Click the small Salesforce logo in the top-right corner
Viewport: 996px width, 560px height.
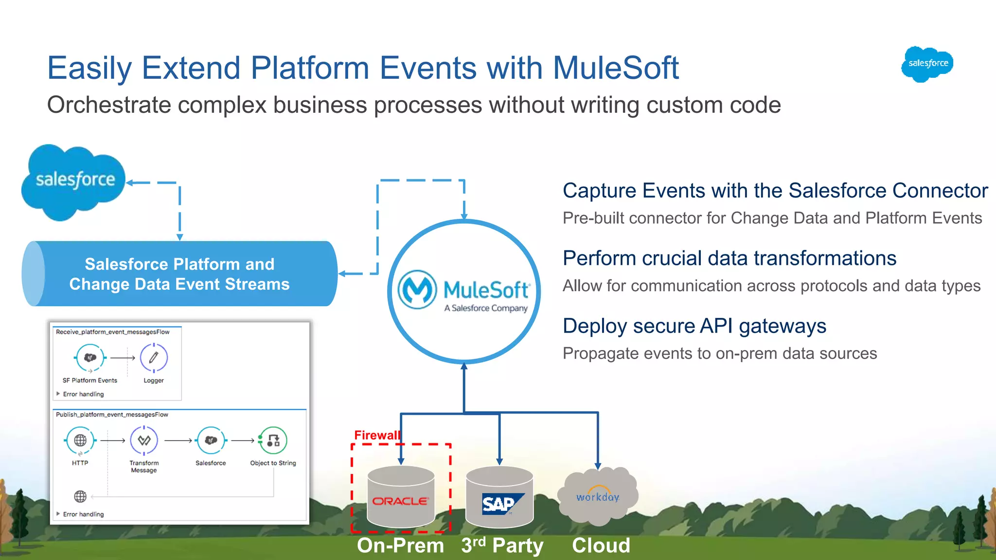(927, 64)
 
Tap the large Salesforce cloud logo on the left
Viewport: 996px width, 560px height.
(74, 181)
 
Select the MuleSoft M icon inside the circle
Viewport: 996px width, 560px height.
(417, 290)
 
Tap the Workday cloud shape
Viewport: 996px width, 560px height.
(598, 496)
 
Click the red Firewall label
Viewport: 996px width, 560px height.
(377, 435)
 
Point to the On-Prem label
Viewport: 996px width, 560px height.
(400, 545)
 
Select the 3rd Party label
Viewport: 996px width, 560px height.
(502, 545)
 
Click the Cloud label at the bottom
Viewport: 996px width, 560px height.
(601, 545)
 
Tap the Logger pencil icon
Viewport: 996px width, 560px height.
(154, 358)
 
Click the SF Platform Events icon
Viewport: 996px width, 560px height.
(90, 358)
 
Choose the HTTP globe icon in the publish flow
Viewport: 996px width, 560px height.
(80, 440)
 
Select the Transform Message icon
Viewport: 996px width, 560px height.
(144, 440)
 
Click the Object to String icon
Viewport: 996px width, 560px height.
(273, 440)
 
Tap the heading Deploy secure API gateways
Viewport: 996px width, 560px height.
(694, 326)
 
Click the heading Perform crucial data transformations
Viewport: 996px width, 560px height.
(729, 259)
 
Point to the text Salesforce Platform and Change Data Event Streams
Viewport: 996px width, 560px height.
(179, 274)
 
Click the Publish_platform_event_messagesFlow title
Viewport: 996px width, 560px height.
(112, 415)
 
